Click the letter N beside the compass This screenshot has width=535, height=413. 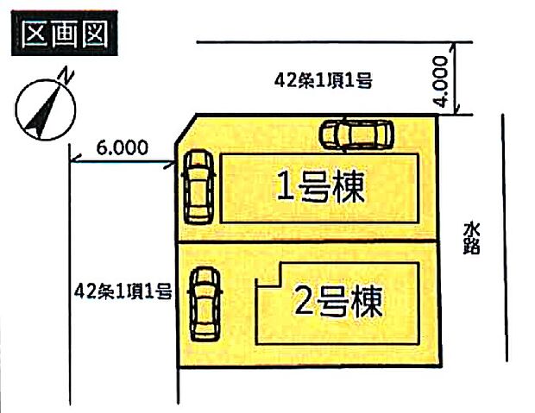tap(66, 78)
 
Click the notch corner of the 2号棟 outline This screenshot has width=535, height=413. tap(275, 283)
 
